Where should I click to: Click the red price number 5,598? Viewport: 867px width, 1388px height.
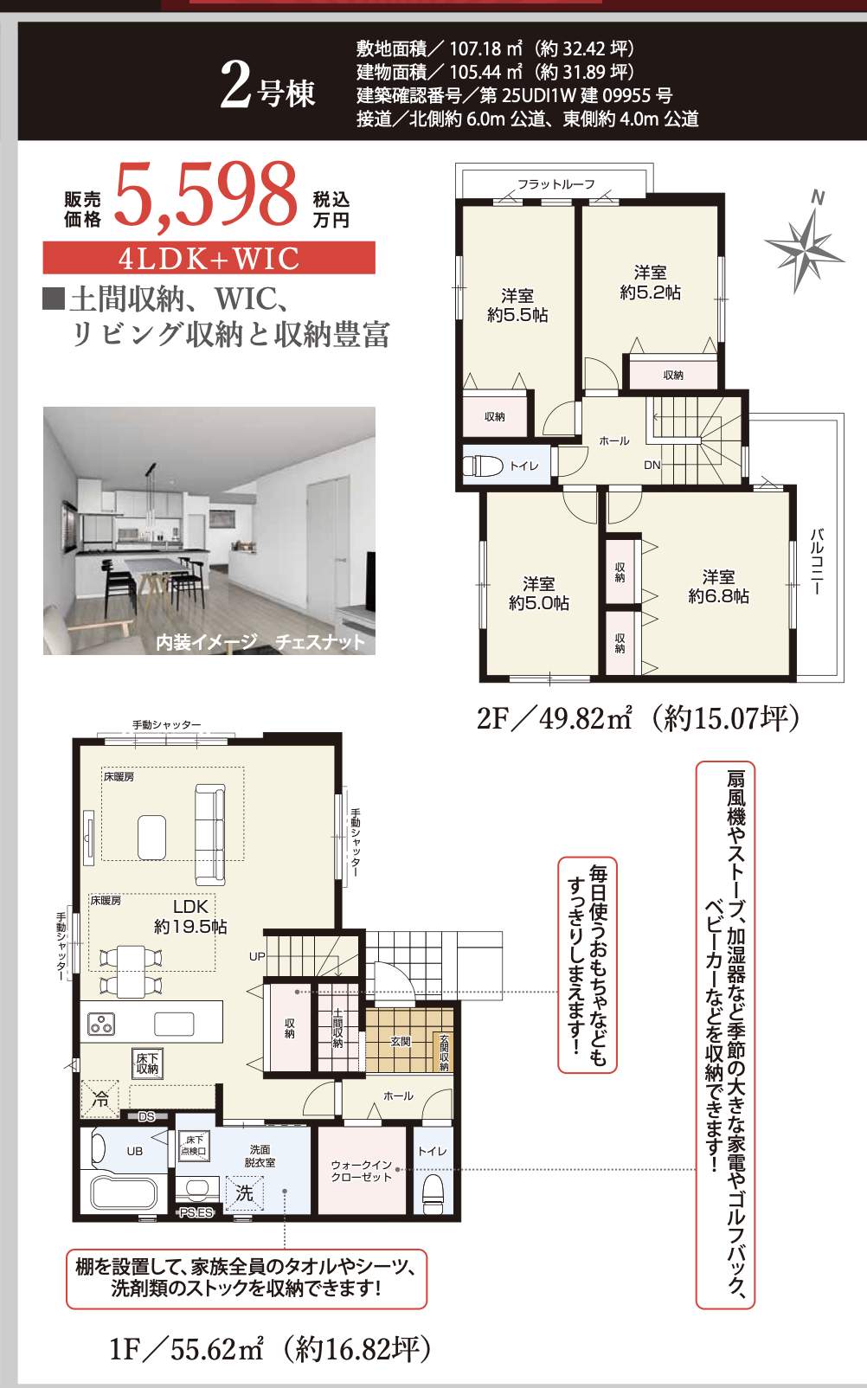point(206,196)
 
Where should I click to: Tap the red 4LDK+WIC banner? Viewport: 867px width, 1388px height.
point(209,258)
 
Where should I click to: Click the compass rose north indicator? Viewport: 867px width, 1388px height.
point(805,241)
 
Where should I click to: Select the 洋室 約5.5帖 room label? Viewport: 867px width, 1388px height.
point(517,305)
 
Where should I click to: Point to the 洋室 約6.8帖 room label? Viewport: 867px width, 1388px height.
point(718,587)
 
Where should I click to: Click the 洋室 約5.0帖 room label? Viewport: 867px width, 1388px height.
point(538,594)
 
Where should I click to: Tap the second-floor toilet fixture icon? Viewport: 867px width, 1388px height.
point(484,466)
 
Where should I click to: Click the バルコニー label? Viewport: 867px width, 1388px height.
point(818,562)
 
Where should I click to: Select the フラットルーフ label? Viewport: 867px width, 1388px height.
point(556,184)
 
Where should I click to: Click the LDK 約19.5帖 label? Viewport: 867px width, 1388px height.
point(190,916)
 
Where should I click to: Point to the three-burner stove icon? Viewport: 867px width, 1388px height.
point(101,1025)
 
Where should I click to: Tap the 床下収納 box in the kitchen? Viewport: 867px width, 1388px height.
point(147,1063)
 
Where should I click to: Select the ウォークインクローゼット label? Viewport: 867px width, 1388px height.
point(362,1171)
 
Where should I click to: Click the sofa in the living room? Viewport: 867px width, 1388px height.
point(210,834)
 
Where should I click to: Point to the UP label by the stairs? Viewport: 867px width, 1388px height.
point(257,957)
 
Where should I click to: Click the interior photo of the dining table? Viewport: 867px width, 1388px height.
point(209,530)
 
